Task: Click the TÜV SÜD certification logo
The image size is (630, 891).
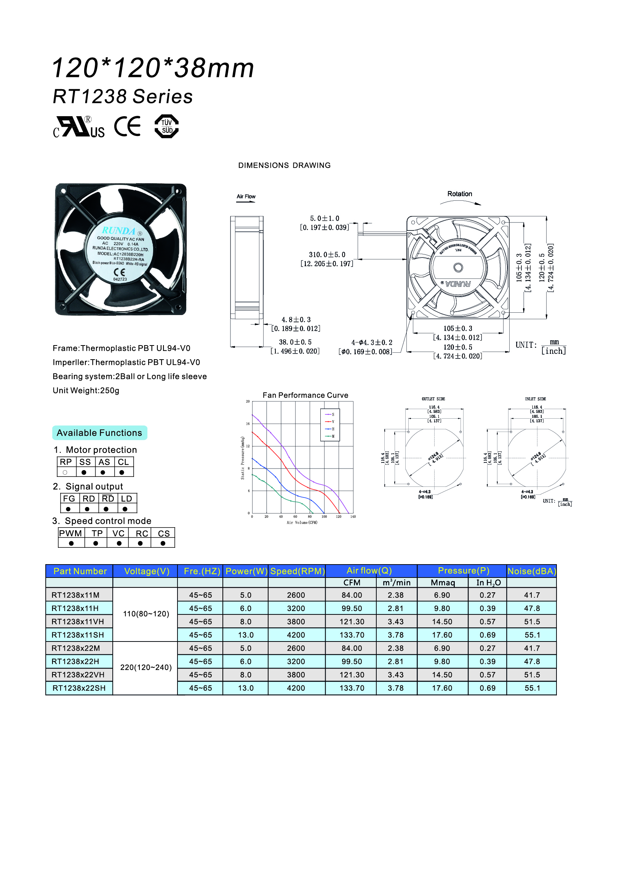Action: pos(166,126)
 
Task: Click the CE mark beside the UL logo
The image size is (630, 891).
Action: pos(127,126)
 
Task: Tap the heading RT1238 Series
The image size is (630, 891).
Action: pos(123,97)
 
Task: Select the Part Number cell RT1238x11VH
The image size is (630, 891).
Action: pos(78,621)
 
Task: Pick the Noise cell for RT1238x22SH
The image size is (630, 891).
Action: pos(532,688)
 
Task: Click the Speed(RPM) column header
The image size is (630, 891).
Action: pos(297,571)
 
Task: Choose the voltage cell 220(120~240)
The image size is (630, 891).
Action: pos(146,667)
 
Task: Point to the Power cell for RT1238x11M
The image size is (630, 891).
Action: pos(246,595)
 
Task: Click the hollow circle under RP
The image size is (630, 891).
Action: pos(65,472)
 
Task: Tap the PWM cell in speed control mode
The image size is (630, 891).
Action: pos(70,533)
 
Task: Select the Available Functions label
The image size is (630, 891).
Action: pos(99,433)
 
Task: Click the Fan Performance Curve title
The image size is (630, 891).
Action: pos(305,395)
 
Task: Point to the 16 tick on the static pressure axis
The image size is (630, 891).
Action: pos(248,424)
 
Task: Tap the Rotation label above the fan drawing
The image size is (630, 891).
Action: pos(460,194)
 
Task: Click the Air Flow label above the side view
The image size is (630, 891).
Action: pos(246,196)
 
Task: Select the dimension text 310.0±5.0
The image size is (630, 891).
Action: pos(327,254)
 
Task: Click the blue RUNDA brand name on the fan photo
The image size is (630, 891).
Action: pos(118,230)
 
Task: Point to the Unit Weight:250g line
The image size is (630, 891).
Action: pos(86,390)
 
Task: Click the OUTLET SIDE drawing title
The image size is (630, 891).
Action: pos(433,399)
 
